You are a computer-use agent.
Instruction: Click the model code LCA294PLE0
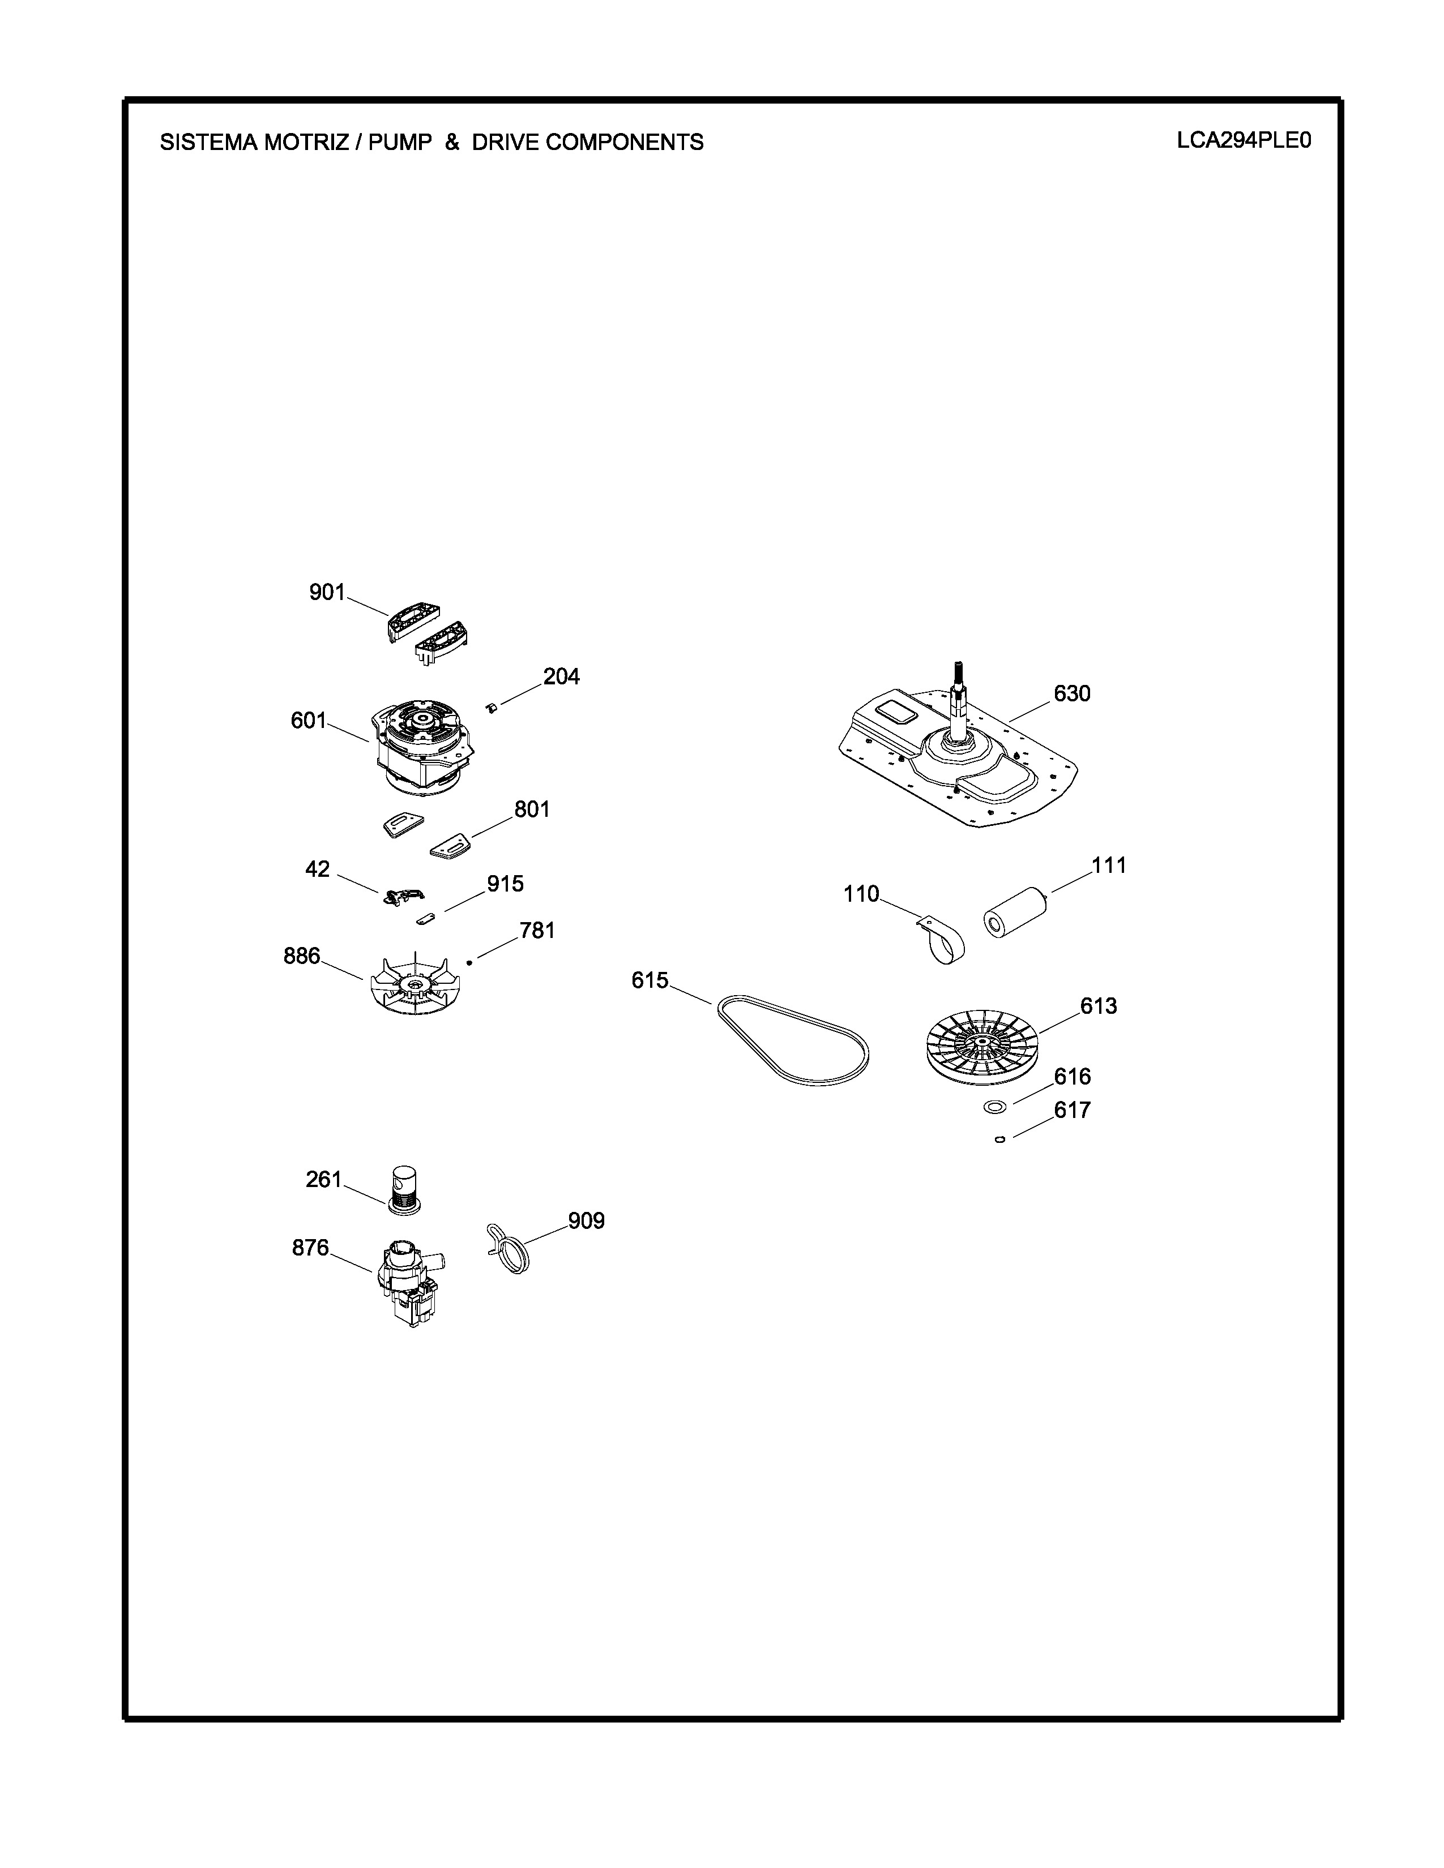point(1243,140)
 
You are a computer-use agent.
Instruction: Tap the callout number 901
point(327,592)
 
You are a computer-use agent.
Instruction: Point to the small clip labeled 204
point(492,706)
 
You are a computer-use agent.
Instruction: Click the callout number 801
point(531,809)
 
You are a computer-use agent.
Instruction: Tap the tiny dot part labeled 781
point(469,962)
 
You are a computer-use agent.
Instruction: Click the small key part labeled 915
point(426,919)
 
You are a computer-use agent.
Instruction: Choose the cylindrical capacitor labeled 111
point(1017,912)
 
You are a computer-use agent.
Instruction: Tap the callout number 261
point(323,1180)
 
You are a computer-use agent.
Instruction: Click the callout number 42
point(317,869)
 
